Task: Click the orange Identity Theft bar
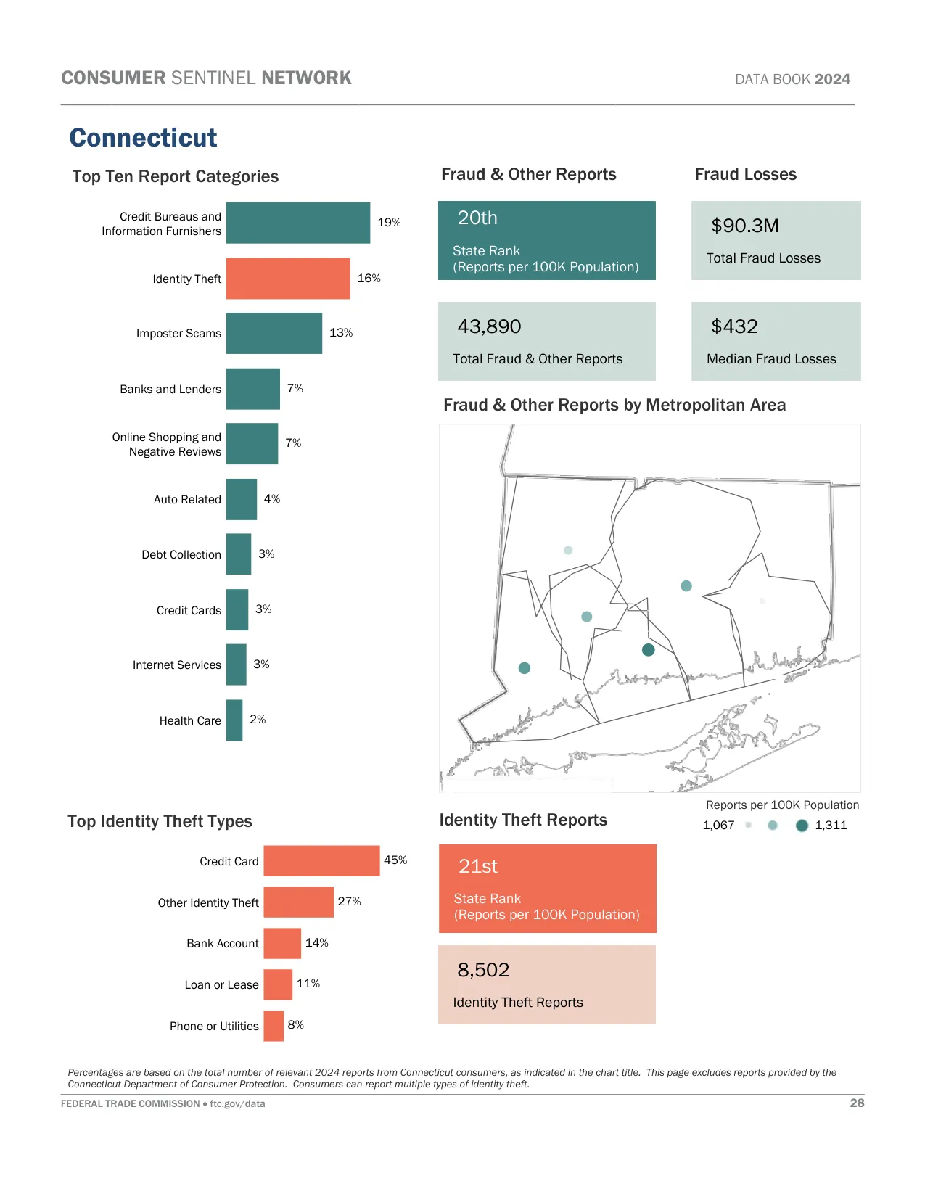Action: [288, 279]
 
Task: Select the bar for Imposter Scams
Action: [274, 333]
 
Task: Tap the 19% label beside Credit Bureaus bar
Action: [389, 223]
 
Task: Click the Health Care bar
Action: [234, 720]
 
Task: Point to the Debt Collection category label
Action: [181, 554]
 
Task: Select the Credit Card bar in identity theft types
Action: [321, 860]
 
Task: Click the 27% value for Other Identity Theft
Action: [349, 901]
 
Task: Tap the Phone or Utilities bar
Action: [274, 1025]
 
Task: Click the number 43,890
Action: [489, 326]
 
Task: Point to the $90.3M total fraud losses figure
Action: [745, 226]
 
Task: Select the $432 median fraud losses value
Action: [734, 326]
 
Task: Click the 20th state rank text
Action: [477, 218]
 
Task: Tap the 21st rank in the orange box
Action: [478, 866]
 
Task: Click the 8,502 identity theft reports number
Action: [483, 970]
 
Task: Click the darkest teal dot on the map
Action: [649, 650]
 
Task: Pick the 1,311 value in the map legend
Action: [831, 826]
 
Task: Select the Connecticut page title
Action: [143, 138]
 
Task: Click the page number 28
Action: [857, 1103]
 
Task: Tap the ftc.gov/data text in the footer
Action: [237, 1103]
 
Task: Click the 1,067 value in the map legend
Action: [718, 826]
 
